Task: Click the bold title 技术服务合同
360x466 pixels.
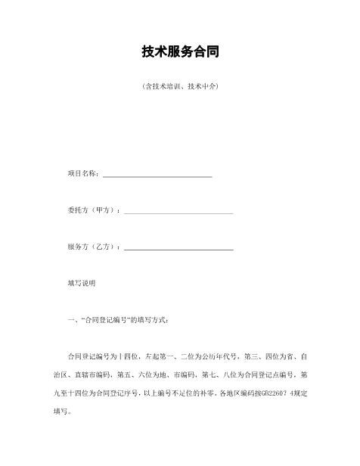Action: pos(180,52)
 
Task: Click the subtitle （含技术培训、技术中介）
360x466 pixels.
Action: pos(180,87)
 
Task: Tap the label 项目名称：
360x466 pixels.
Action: pos(82,173)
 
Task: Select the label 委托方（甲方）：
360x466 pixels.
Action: pos(93,210)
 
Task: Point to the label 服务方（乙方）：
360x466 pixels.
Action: pos(93,247)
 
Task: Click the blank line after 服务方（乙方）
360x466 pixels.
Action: pos(178,248)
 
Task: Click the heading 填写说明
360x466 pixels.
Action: pos(81,283)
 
